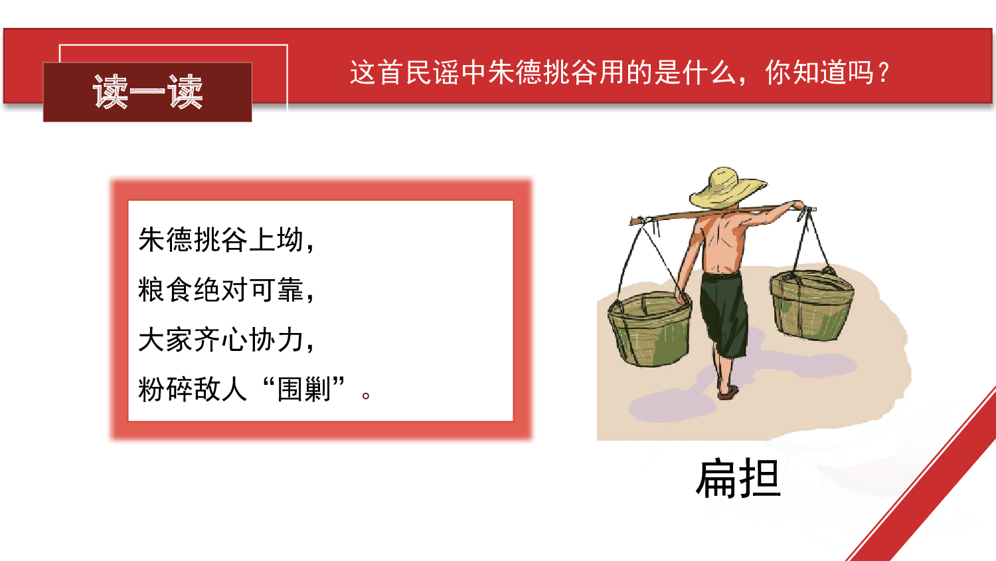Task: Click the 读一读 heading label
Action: [147, 92]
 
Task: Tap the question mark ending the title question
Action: [883, 72]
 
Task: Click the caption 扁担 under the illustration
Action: [738, 479]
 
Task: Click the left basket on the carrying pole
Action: [649, 328]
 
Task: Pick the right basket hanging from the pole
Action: [811, 305]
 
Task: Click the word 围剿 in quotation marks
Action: [304, 390]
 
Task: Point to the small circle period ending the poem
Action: [366, 395]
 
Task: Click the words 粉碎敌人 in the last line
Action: [193, 390]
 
